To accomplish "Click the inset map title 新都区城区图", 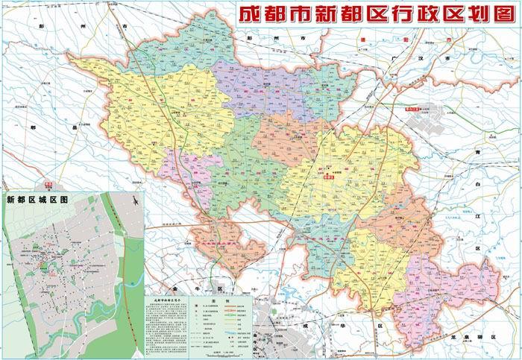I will pos(37,200).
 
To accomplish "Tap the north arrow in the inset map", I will pos(133,200).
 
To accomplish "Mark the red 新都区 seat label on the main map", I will pos(328,177).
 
